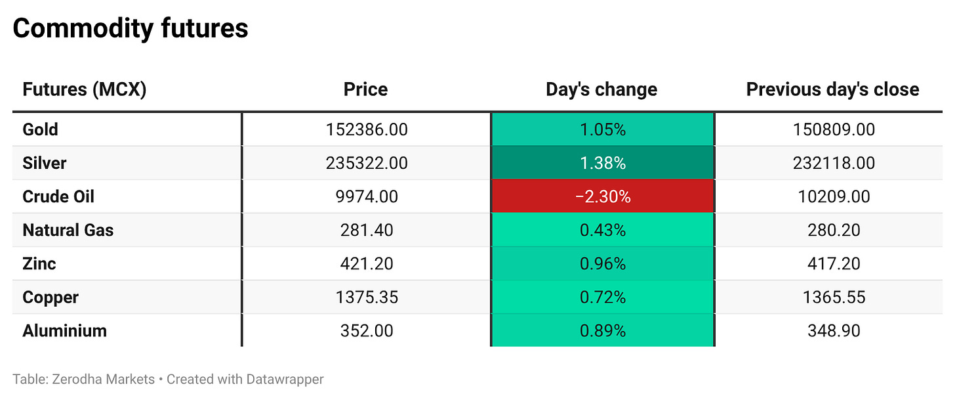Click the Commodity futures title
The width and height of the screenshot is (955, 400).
click(131, 29)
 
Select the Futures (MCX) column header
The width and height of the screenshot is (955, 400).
click(85, 89)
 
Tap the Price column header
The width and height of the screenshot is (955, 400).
click(366, 89)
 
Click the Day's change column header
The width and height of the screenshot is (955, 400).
click(601, 89)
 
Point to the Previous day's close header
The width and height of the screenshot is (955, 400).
click(832, 89)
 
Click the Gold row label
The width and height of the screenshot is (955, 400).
click(40, 129)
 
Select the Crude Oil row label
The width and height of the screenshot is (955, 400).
click(58, 196)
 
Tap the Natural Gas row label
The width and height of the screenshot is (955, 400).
click(68, 230)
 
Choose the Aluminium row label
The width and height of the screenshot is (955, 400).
click(64, 331)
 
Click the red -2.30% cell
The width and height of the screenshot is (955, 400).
click(603, 196)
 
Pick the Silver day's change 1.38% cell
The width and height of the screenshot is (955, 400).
click(603, 163)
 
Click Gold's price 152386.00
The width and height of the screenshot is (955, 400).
click(367, 129)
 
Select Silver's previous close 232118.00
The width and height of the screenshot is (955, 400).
click(834, 163)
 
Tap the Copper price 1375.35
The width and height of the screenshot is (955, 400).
click(367, 297)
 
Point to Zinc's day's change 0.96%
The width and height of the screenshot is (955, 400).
click(603, 264)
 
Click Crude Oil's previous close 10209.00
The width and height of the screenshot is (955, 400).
click(834, 196)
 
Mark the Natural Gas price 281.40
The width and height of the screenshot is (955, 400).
click(367, 230)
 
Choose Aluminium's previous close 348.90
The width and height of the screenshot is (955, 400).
click(834, 331)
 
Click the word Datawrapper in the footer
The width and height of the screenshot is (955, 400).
click(285, 379)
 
